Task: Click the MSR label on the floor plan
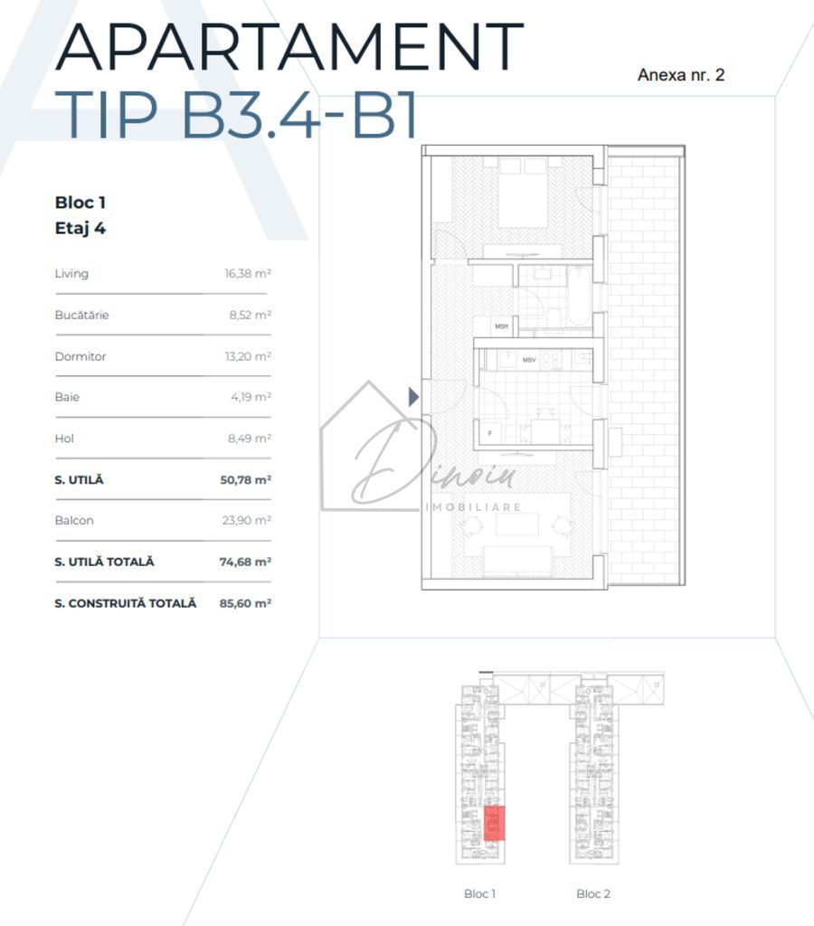pos(501,326)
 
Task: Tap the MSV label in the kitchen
pos(529,360)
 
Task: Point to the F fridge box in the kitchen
pos(489,433)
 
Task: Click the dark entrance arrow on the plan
pos(414,396)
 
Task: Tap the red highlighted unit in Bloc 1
pos(494,823)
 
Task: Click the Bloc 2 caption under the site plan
pos(593,893)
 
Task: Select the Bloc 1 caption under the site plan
pos(479,893)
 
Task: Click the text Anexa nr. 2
pos(680,75)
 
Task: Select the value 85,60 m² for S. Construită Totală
pos(245,602)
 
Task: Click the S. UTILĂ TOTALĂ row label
pos(104,562)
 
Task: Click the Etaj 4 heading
pos(80,228)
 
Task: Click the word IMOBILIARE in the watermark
pos(473,507)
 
